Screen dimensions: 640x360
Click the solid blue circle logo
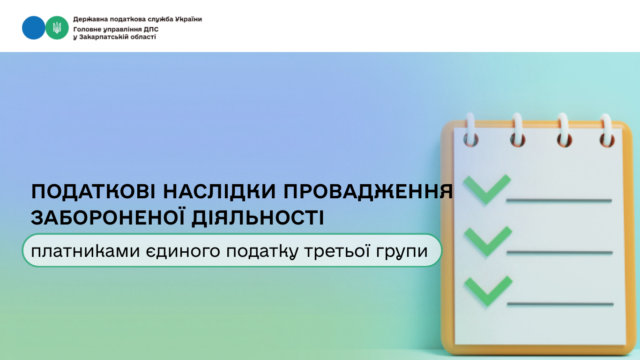pos(33,28)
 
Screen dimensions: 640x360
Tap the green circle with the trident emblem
pos(57,28)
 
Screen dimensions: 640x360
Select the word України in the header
pos(188,19)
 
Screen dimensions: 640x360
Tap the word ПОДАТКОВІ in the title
pos(93,191)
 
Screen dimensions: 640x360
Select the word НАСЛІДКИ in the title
pos(219,191)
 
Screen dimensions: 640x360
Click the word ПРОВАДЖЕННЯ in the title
pos(368,191)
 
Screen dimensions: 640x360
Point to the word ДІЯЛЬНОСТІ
pos(258,218)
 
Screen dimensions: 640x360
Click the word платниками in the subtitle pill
pos(85,251)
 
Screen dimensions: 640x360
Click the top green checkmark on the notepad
pos(487,189)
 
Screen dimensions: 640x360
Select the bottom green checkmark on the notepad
pos(488,291)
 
